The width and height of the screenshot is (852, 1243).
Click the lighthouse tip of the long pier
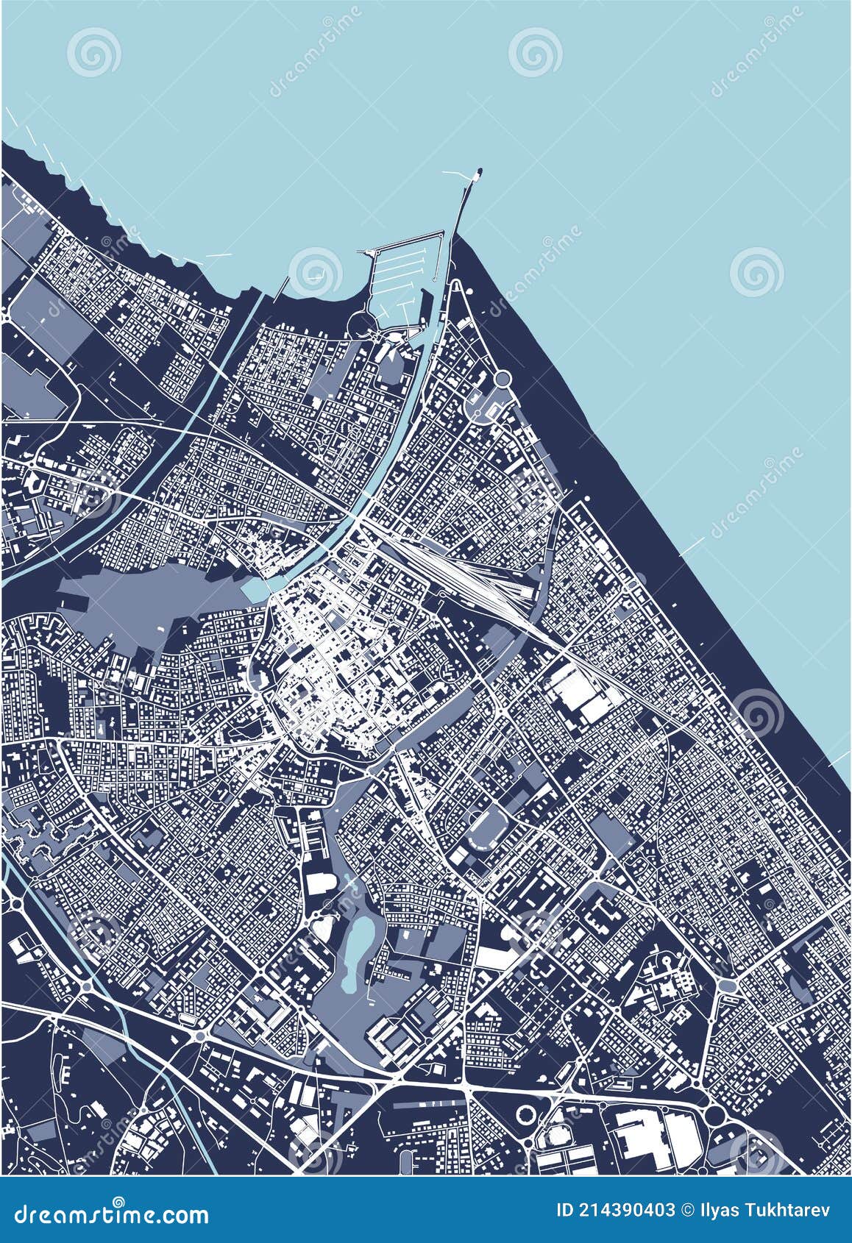pyautogui.click(x=480, y=174)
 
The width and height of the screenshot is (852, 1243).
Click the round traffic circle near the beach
pyautogui.click(x=503, y=379)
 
